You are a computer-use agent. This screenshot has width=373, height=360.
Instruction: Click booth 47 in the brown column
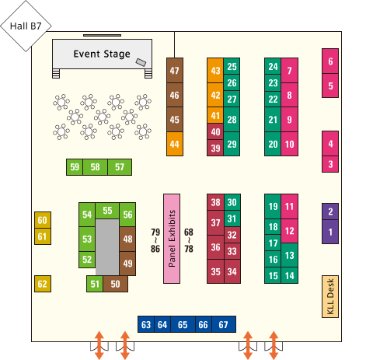tap(175, 70)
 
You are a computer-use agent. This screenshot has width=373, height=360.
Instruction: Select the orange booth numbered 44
tap(175, 144)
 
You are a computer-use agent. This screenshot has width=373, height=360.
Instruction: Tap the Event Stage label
tap(102, 54)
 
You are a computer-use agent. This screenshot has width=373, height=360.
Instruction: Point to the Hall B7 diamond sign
tap(26, 26)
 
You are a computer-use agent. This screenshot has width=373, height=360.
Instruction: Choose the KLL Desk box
tap(330, 296)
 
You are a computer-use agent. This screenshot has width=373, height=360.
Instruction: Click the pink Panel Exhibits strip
tap(172, 239)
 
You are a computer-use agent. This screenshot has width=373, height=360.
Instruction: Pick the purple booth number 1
tap(330, 232)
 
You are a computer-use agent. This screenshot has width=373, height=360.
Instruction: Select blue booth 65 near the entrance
tap(183, 324)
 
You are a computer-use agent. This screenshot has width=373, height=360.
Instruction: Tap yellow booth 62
tap(43, 284)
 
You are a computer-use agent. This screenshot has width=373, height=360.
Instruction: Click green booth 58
tap(95, 167)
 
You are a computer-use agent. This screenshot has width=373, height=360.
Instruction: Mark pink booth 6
tap(330, 61)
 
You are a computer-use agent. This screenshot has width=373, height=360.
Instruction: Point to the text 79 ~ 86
tap(155, 240)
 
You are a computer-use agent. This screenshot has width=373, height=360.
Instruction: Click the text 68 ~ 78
tap(189, 240)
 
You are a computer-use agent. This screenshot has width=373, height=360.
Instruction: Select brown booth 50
tap(115, 284)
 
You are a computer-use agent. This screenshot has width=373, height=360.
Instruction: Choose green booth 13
tap(289, 255)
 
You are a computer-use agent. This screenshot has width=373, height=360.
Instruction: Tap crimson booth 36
tap(215, 247)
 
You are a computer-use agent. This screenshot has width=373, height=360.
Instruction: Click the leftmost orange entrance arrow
tap(99, 345)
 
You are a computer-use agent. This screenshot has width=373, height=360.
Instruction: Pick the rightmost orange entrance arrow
tap(274, 345)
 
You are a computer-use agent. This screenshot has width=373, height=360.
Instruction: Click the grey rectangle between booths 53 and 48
tap(107, 247)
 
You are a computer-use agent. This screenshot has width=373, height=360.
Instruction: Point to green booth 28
tap(232, 120)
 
